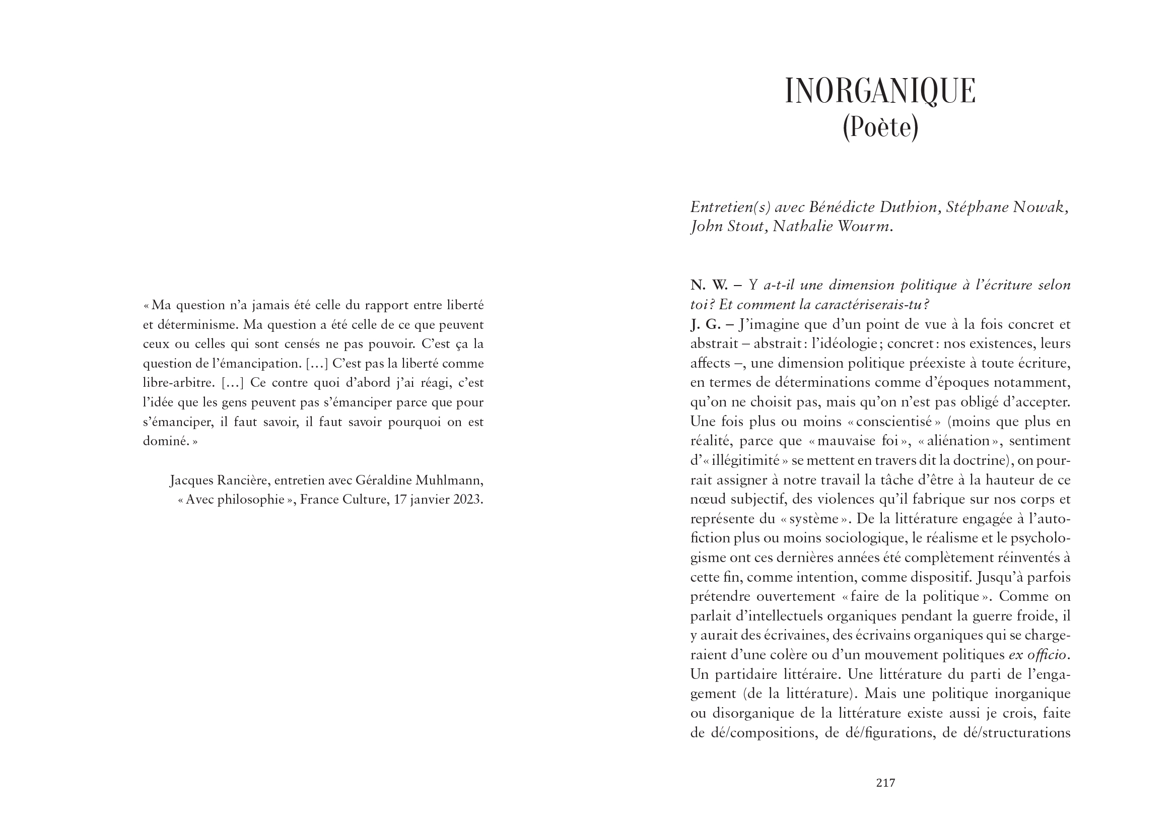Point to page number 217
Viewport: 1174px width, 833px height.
click(x=886, y=783)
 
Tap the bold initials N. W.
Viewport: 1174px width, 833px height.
click(x=709, y=285)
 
